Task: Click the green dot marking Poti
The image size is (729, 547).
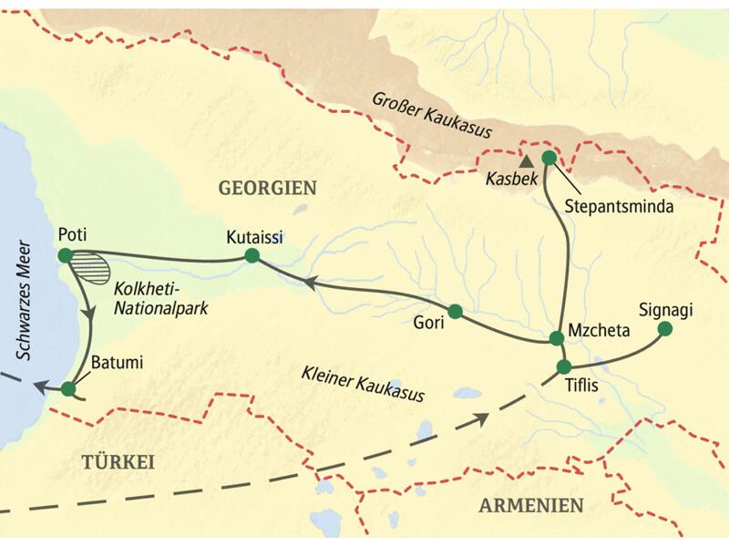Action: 64,255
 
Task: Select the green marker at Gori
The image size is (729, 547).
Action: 455,311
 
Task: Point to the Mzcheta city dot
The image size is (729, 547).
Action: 556,338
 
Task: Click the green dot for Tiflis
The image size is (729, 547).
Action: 563,367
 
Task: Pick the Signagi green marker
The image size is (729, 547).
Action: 665,328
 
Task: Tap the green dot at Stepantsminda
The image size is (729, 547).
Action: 549,158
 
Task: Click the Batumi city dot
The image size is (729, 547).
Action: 68,389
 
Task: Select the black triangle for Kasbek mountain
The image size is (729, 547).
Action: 526,160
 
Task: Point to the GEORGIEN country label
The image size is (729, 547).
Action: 267,189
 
